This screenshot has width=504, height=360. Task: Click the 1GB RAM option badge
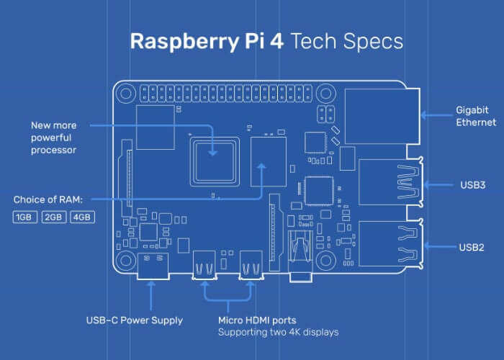tap(24, 217)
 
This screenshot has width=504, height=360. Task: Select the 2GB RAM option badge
tap(53, 217)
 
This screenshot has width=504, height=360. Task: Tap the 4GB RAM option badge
tap(82, 217)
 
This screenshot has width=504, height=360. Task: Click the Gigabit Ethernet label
tap(476, 117)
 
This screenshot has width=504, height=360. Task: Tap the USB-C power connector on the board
tap(152, 266)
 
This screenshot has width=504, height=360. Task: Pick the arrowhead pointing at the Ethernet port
tap(424, 114)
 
